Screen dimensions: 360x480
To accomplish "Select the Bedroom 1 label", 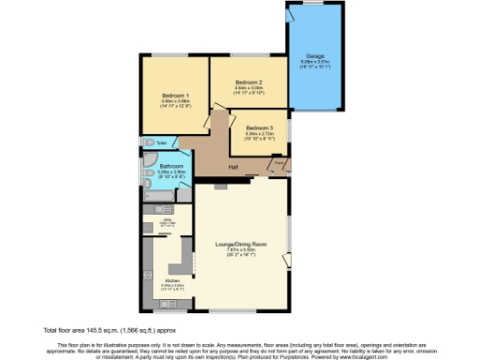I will tap(175, 97).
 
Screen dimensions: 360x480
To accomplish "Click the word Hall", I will tap(232, 168).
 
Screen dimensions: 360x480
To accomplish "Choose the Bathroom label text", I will tap(171, 166).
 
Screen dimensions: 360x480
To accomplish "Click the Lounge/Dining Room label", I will tap(243, 244).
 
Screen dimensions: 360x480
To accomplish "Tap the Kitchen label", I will tap(172, 280).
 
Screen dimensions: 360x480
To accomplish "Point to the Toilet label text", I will tap(162, 143).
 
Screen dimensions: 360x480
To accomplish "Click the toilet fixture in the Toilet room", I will tap(149, 143).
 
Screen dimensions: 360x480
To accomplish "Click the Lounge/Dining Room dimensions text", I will tap(243, 250).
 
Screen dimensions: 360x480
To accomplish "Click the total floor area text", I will tap(110, 331).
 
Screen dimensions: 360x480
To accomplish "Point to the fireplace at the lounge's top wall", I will tap(217, 186).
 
